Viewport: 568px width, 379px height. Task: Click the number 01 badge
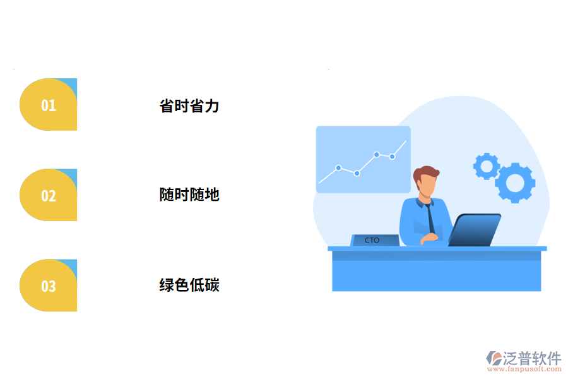tap(49, 105)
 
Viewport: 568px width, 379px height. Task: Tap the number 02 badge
tap(49, 195)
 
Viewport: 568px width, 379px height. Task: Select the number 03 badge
tap(49, 286)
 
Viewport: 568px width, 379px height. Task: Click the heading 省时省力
tap(189, 105)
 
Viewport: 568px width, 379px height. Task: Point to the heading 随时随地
tap(189, 195)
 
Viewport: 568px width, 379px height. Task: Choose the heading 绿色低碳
tap(189, 285)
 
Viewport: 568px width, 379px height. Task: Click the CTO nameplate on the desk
tap(374, 240)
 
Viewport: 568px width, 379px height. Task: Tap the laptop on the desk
tap(475, 230)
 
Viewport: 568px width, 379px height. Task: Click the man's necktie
tap(429, 218)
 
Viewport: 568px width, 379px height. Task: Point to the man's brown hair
tap(427, 172)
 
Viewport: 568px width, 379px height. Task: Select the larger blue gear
tap(515, 183)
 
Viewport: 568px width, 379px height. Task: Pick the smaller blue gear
tap(486, 166)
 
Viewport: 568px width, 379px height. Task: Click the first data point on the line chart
tap(338, 167)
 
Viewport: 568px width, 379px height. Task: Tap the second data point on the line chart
tap(357, 173)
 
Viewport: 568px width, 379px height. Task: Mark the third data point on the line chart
tap(376, 154)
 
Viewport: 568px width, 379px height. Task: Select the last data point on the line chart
tap(392, 156)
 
